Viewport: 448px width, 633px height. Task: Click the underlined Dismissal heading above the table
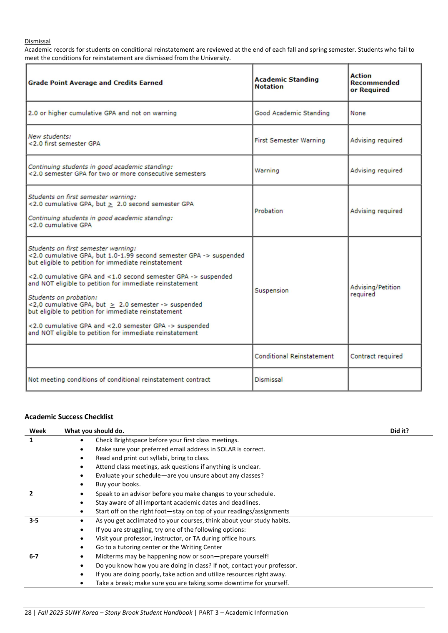click(x=38, y=41)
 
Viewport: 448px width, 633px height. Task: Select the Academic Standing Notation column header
click(x=286, y=83)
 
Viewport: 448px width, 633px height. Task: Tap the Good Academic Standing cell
click(x=292, y=113)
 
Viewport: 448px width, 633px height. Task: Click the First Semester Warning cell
click(x=290, y=140)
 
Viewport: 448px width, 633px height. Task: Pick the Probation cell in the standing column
click(x=268, y=211)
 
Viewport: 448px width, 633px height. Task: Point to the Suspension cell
click(x=271, y=290)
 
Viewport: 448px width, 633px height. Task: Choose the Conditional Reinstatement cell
click(x=294, y=356)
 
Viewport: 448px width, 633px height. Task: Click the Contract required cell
click(x=376, y=356)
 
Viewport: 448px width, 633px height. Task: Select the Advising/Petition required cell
click(x=375, y=290)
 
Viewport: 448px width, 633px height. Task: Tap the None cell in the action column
click(x=358, y=113)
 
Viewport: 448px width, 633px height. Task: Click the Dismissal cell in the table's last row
click(x=268, y=380)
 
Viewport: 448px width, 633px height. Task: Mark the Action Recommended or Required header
click(x=374, y=83)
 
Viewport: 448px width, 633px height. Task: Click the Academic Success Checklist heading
click(x=69, y=417)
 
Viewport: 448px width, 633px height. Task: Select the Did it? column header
click(x=399, y=431)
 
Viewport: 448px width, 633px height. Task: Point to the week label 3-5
click(x=34, y=520)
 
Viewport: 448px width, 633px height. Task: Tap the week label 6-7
click(x=34, y=556)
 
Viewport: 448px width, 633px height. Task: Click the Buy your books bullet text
click(x=118, y=484)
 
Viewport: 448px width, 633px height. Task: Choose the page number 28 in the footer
click(x=28, y=613)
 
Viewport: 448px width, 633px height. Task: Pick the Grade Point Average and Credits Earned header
click(x=95, y=83)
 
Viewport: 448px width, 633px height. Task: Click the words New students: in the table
click(x=50, y=136)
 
